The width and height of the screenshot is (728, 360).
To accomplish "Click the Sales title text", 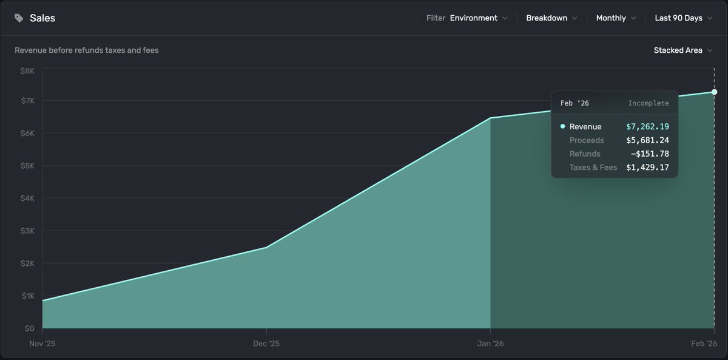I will pos(42,18).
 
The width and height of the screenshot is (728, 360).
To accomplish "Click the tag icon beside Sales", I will pos(19,18).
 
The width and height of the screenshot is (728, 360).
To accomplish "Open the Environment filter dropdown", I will pos(479,18).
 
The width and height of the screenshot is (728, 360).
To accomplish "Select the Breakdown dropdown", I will pos(551,18).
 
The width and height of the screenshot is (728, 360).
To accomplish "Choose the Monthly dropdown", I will pos(616,18).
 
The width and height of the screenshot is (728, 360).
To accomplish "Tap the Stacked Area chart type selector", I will pos(682,50).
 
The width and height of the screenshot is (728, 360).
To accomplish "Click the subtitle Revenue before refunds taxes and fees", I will pos(87,50).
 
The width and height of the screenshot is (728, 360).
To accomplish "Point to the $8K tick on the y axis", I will pos(27,71).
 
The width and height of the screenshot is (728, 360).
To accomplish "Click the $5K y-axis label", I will pos(27,166).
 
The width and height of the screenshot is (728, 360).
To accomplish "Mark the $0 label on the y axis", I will pos(29,328).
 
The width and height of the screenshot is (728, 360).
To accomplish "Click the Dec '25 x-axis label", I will pos(266,344).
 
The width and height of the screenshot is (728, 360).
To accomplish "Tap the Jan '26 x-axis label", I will pos(490,344).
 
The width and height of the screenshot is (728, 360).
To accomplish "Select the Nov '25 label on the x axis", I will pos(43,344).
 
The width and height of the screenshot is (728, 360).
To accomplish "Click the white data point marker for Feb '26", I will pos(714,92).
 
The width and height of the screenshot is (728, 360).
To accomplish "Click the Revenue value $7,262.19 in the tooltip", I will pos(647,127).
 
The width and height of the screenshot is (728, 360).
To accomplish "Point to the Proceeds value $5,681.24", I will pos(647,140).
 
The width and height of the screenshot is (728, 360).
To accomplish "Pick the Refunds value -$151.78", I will pos(650,154).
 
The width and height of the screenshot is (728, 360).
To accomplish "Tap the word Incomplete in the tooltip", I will pos(649,103).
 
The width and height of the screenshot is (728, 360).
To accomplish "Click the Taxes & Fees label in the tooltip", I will pos(593,168).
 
